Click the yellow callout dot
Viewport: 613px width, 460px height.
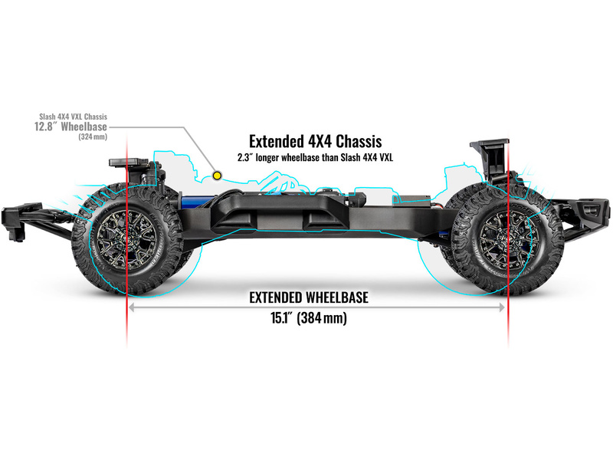tap(217, 176)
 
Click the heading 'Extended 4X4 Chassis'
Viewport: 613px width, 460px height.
tap(315, 142)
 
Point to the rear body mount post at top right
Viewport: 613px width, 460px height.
tap(491, 153)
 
